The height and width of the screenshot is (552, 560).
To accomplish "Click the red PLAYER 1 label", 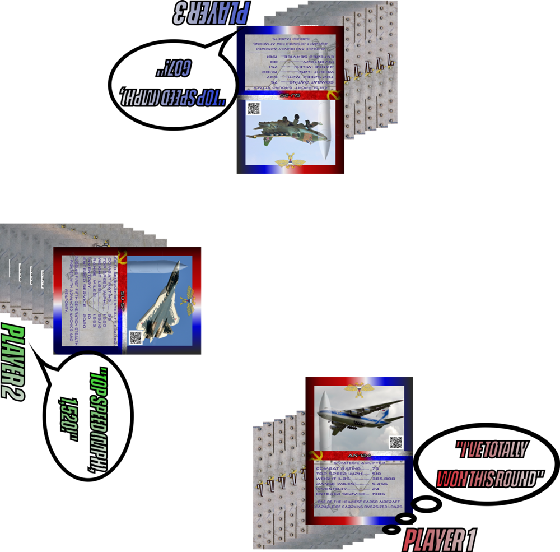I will click(x=440, y=540).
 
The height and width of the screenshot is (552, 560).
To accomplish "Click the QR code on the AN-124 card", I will click(x=396, y=442).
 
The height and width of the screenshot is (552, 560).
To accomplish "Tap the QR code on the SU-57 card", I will click(x=136, y=337).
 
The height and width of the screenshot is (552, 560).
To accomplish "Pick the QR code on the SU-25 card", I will click(x=254, y=109).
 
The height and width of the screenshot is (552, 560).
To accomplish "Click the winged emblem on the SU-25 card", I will click(x=290, y=163).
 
